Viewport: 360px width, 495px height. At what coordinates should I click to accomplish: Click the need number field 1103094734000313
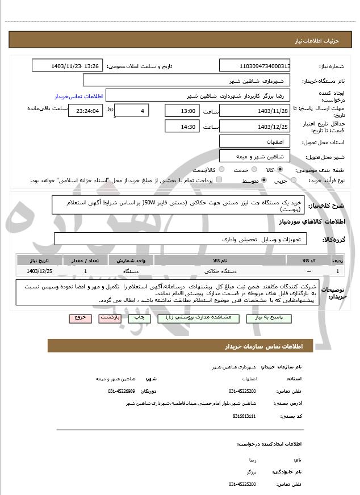[255, 66]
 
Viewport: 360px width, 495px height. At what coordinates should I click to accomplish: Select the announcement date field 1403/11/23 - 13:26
[68, 66]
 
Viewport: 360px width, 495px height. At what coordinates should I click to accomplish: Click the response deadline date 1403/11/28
[255, 111]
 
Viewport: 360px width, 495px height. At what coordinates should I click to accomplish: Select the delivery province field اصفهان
[255, 141]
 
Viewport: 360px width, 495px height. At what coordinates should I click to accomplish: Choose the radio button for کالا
[280, 170]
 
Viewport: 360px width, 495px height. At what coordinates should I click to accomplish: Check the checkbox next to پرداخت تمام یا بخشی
[219, 180]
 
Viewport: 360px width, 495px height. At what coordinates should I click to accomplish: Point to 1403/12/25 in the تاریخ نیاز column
[39, 271]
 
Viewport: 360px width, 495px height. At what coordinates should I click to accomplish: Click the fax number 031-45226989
[122, 391]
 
